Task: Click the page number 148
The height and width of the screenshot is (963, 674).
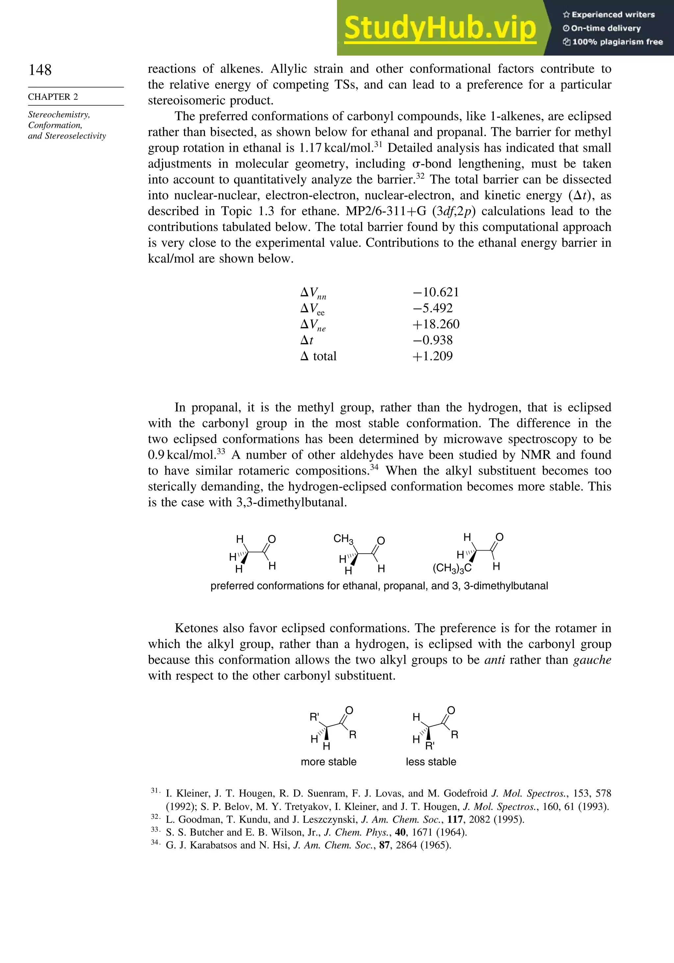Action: [x=40, y=70]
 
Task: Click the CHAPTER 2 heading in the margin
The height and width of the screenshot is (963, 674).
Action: [x=53, y=97]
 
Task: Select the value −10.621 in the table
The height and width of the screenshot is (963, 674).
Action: [x=436, y=292]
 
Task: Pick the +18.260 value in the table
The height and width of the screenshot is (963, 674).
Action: [x=436, y=324]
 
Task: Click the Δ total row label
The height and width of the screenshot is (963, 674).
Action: [x=319, y=356]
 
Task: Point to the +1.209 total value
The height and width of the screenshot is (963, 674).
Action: [x=432, y=356]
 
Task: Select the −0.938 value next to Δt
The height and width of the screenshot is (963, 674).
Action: [x=432, y=340]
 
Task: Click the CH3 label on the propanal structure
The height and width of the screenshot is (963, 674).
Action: [x=343, y=538]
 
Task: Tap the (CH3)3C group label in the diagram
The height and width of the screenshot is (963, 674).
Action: [x=452, y=568]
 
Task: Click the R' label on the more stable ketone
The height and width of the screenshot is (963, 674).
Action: [x=314, y=717]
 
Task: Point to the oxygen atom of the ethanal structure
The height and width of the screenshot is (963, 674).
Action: [x=272, y=539]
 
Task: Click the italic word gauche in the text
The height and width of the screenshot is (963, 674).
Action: [x=592, y=660]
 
